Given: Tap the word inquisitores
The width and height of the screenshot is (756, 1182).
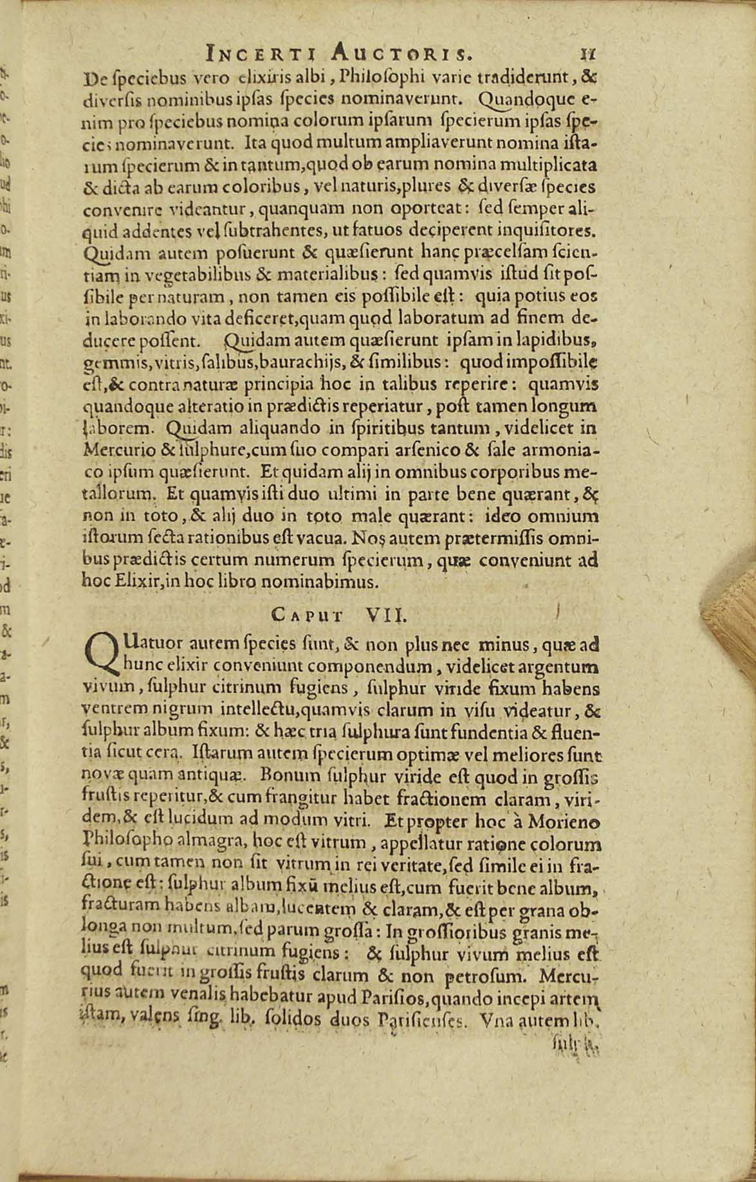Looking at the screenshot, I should coord(555,230).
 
